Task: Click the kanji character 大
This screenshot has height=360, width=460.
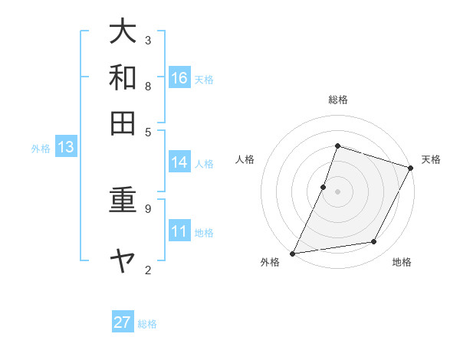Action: click(x=123, y=32)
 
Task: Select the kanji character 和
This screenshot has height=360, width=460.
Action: click(x=123, y=77)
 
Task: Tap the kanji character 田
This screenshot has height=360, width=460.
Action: click(x=123, y=123)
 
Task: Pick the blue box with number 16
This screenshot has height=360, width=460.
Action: click(x=179, y=78)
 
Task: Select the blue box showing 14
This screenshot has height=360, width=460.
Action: click(x=179, y=162)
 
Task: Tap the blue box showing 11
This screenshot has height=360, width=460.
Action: click(x=179, y=231)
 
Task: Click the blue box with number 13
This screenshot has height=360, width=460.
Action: click(x=65, y=148)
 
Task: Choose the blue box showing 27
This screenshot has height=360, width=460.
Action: click(x=123, y=322)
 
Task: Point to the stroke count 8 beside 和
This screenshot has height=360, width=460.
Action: click(x=148, y=86)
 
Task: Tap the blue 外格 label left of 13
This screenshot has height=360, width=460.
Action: click(x=40, y=149)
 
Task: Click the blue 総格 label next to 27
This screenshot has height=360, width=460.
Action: click(x=147, y=324)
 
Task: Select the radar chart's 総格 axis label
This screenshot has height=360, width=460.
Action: click(x=338, y=100)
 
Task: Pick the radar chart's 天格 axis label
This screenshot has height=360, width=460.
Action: click(x=431, y=159)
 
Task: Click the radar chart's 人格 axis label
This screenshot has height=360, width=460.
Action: click(x=245, y=159)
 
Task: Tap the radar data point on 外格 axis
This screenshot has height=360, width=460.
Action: click(x=292, y=253)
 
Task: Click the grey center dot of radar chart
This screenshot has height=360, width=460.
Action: click(x=338, y=191)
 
